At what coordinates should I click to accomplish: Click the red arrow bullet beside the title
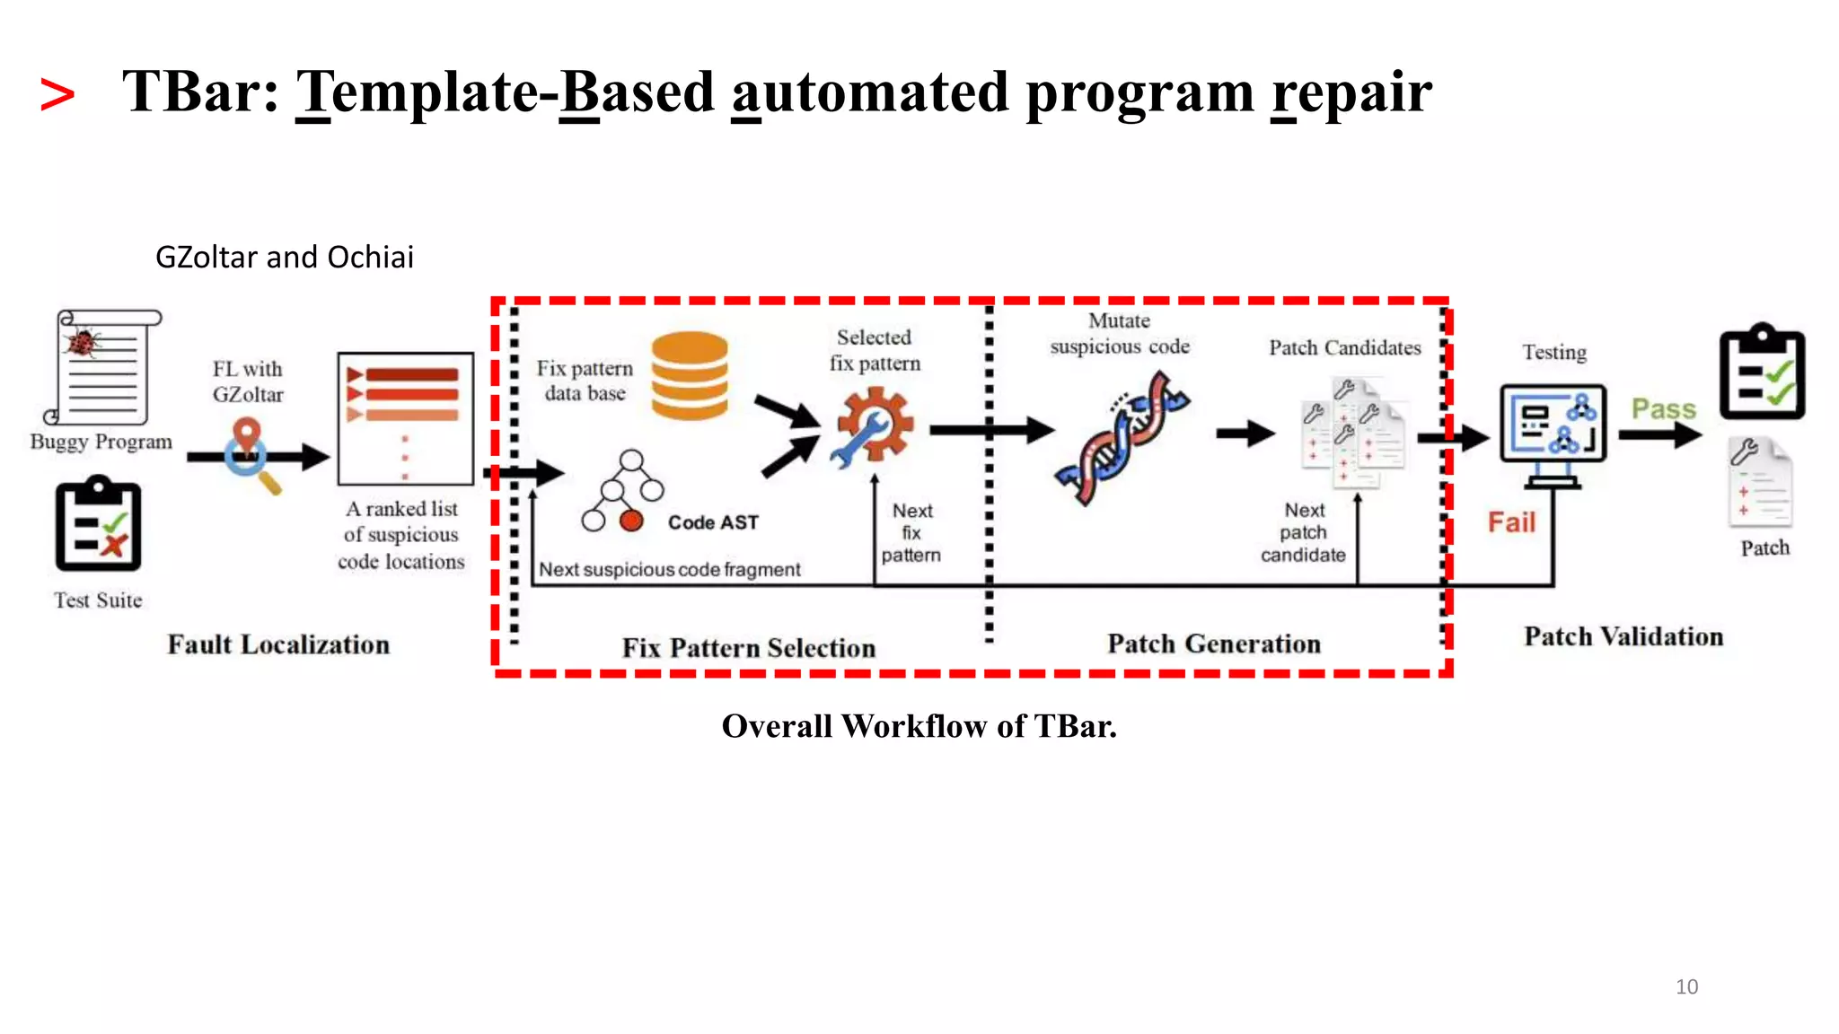(x=57, y=95)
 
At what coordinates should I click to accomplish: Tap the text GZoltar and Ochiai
(x=284, y=258)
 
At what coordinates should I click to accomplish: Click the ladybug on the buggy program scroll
(x=84, y=342)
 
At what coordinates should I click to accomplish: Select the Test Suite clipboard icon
(x=98, y=524)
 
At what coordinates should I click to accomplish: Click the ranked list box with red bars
(x=405, y=418)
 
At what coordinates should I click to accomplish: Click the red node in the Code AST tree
(x=632, y=521)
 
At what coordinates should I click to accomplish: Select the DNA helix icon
(x=1122, y=438)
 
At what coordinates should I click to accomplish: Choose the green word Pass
(x=1663, y=409)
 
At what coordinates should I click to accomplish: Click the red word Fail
(x=1511, y=522)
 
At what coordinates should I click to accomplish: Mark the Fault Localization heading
(x=278, y=644)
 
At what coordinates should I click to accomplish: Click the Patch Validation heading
(x=1623, y=636)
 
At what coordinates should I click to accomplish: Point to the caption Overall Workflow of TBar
(x=919, y=726)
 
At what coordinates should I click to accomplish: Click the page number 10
(x=1686, y=986)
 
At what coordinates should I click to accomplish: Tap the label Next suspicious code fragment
(x=669, y=570)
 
